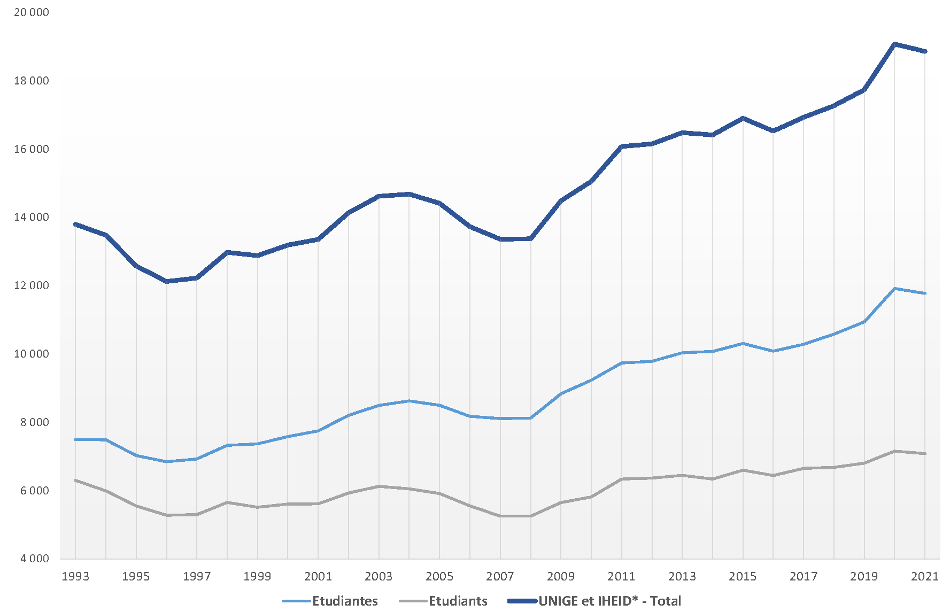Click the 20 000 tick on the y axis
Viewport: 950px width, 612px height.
click(32, 12)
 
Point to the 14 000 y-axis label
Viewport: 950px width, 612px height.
click(32, 218)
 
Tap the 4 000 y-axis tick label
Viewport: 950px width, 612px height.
click(35, 559)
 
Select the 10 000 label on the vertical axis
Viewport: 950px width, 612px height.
click(32, 354)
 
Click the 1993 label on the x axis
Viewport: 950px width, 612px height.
click(75, 576)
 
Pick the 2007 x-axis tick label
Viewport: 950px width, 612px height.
click(500, 576)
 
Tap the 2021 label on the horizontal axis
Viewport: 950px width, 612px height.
click(925, 576)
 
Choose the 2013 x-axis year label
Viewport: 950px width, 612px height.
click(682, 576)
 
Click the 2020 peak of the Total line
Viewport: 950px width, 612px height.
click(894, 44)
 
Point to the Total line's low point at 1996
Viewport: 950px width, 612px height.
click(167, 281)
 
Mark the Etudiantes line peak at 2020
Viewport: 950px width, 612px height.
click(894, 289)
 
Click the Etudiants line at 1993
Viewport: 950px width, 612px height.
click(75, 480)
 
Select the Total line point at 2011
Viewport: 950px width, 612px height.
click(622, 146)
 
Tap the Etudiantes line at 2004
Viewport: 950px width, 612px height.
click(409, 401)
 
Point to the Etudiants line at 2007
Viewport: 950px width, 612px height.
click(500, 516)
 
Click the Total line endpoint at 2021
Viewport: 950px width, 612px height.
click(925, 51)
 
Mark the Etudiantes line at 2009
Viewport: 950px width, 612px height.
click(561, 393)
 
